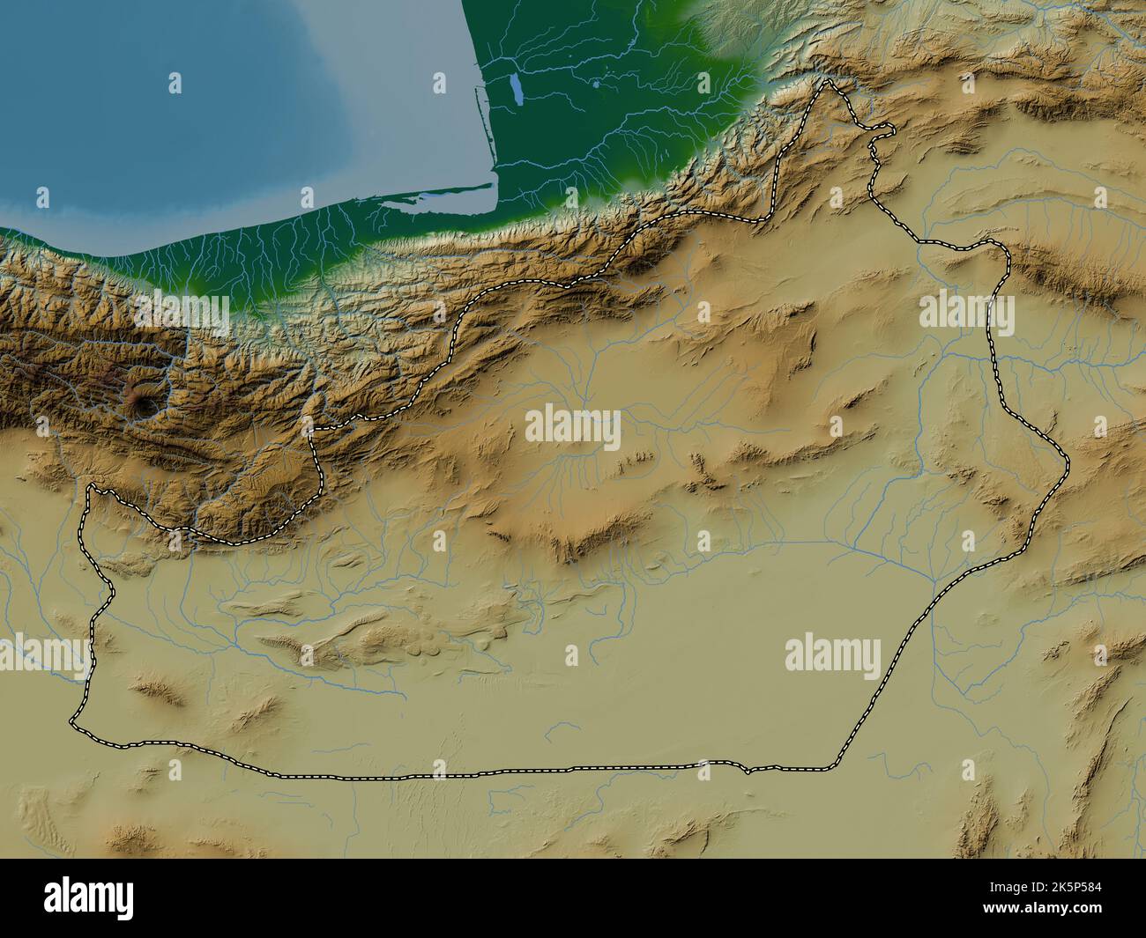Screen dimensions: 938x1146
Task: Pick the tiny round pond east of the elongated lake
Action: pos(597,86)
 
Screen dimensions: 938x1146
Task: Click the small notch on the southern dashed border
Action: pos(747,772)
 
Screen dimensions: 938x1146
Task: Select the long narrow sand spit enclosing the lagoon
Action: pos(423,199)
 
